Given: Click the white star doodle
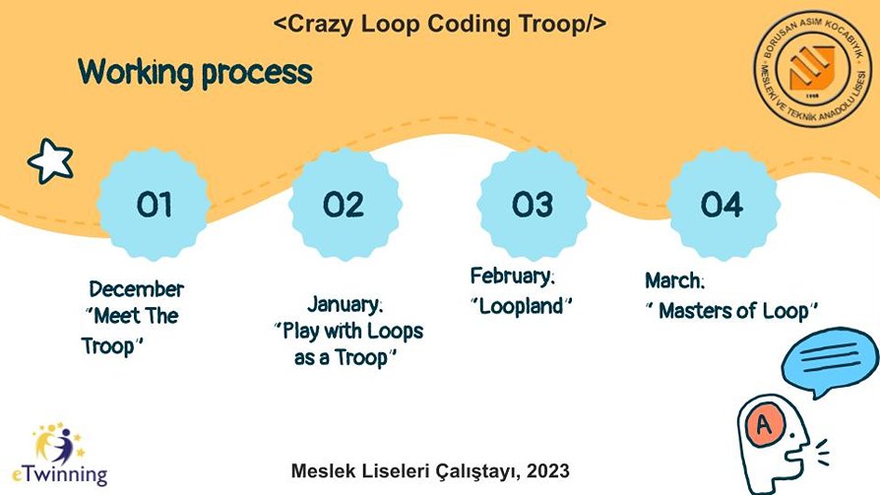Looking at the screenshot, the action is coord(50,161).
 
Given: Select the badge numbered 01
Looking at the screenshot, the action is coord(154,205).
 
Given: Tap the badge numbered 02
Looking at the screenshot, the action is coord(345,205).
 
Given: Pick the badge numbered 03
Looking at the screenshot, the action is coord(533,205).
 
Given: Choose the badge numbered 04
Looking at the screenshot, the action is coord(723,205).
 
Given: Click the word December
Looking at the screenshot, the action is coord(137,289).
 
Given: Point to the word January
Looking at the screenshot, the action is coord(345,304).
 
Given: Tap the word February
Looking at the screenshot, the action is coord(512,277).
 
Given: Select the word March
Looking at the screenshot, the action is coord(674,280).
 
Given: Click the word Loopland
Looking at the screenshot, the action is coord(521,306).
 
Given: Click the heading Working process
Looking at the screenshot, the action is coord(195,73).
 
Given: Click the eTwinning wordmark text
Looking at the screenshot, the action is coord(59,474).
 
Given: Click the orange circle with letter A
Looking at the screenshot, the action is coord(764,425).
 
